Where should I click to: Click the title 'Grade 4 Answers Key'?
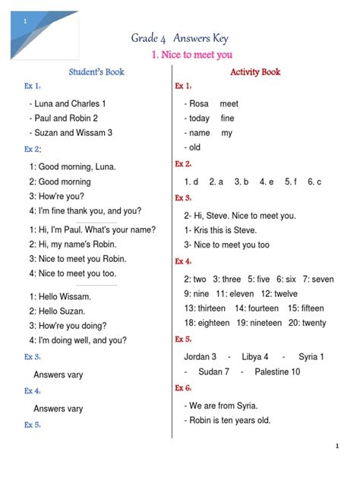tap(179, 38)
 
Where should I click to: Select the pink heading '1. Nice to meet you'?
tap(192, 55)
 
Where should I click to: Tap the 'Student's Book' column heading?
tap(96, 72)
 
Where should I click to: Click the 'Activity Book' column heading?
tap(255, 72)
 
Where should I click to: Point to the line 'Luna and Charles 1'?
tap(68, 103)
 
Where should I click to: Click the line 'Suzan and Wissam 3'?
tap(71, 133)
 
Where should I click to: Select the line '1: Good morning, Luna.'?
tap(73, 167)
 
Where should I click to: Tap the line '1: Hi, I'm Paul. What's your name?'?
tap(93, 229)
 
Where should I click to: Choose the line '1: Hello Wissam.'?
tap(61, 296)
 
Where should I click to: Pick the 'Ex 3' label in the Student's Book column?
tap(32, 356)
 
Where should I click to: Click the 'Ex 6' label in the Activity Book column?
tap(183, 388)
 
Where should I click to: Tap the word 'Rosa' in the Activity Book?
tap(199, 103)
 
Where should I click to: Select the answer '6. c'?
tap(314, 182)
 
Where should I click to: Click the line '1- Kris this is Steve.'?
tap(220, 230)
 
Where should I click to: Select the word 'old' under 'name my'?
tap(195, 147)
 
